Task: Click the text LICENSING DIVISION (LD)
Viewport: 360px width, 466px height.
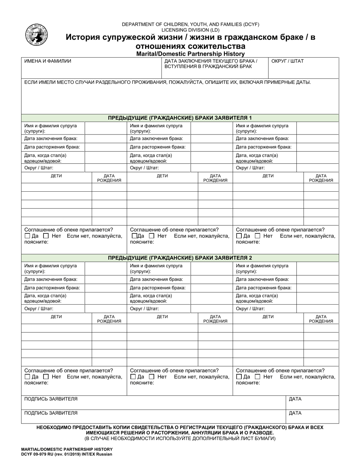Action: (190, 30)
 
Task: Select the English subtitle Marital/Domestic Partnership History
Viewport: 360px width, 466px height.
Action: (190, 54)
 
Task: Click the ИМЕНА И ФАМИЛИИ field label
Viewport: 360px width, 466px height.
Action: (48, 61)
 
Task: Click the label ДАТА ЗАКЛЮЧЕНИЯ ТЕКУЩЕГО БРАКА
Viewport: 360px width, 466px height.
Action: (211, 61)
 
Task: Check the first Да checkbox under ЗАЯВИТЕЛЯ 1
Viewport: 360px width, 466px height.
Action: (27, 236)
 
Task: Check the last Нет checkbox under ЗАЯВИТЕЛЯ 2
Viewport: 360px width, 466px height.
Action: (258, 377)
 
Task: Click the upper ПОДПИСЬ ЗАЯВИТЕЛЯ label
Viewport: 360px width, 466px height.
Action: (51, 399)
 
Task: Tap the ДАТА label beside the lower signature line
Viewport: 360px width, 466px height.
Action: (295, 413)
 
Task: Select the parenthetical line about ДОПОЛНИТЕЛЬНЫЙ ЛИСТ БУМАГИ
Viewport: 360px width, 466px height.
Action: (180, 438)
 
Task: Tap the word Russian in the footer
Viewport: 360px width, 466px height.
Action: (104, 454)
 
